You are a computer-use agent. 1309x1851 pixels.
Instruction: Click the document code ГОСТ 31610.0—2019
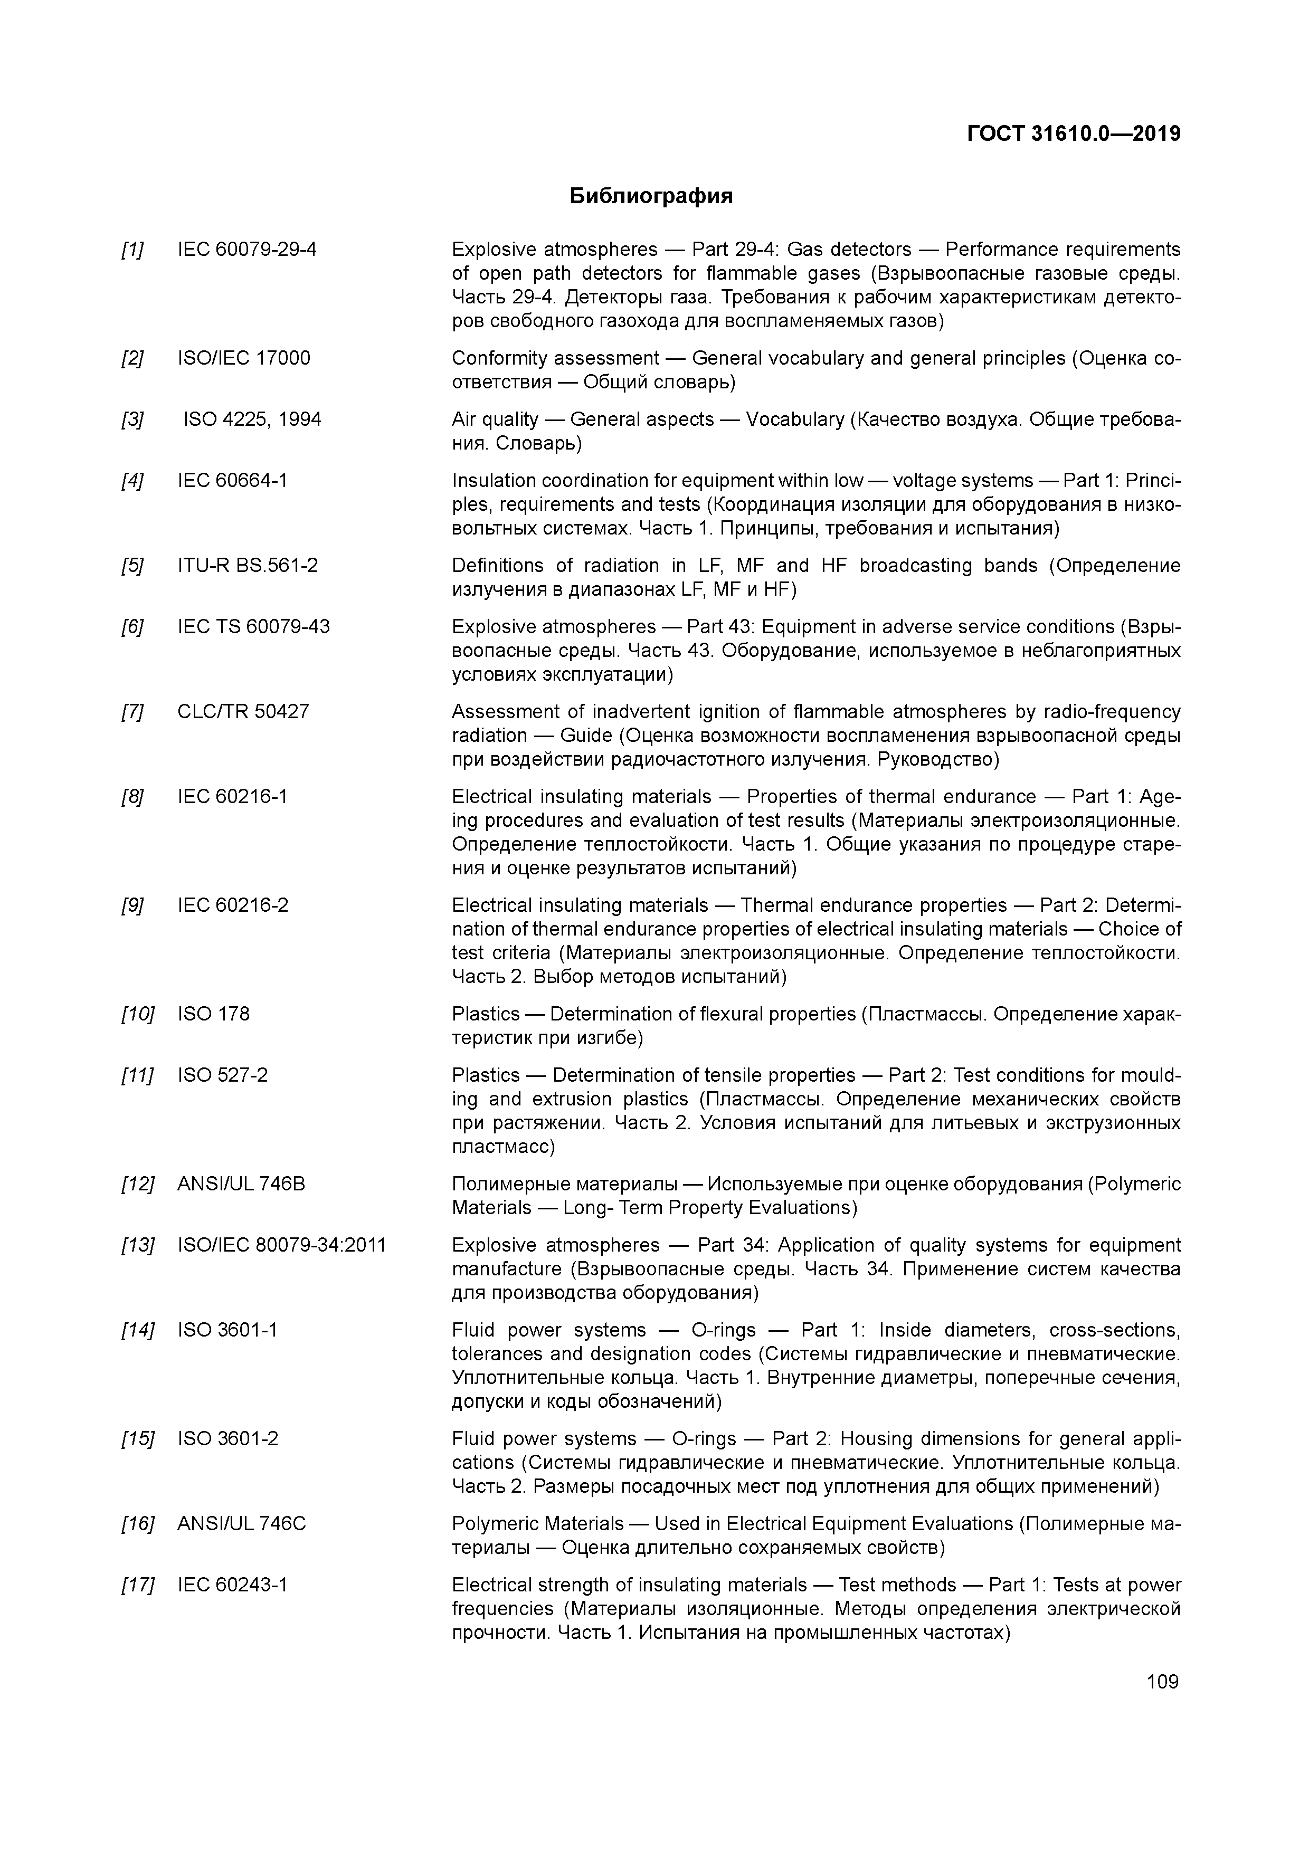1074,134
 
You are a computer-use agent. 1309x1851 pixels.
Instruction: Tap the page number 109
1162,1681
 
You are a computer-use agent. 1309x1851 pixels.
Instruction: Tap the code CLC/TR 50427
243,711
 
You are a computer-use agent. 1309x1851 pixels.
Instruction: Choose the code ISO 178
214,1014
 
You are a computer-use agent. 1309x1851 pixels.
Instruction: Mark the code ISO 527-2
223,1075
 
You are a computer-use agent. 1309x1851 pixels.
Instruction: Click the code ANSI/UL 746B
241,1184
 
